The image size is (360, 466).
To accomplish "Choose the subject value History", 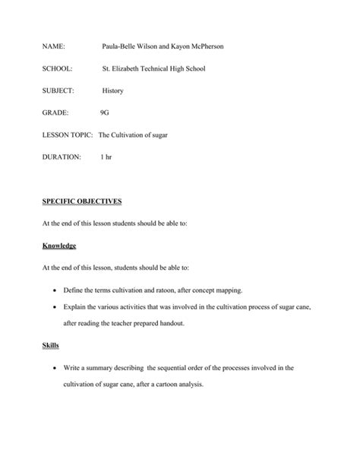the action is pos(113,90).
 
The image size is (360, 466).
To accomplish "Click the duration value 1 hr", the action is pos(106,157).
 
